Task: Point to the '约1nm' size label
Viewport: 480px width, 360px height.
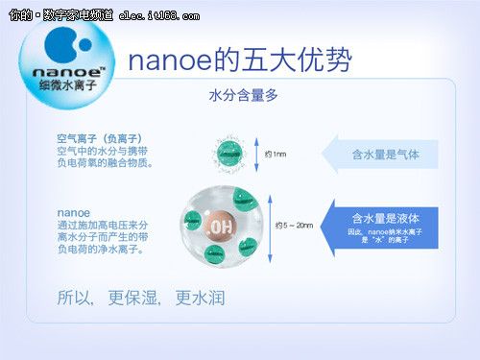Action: tap(276, 155)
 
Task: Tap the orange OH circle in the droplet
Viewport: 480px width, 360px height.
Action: tap(220, 227)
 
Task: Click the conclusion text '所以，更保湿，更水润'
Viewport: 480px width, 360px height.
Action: tap(141, 298)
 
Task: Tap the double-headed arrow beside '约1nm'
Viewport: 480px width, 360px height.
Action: tap(256, 155)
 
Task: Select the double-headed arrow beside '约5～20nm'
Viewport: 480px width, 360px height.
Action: tap(268, 227)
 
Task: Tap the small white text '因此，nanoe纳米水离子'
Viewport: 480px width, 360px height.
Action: tap(384, 232)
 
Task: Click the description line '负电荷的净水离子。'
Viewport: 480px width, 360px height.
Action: tap(101, 249)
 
